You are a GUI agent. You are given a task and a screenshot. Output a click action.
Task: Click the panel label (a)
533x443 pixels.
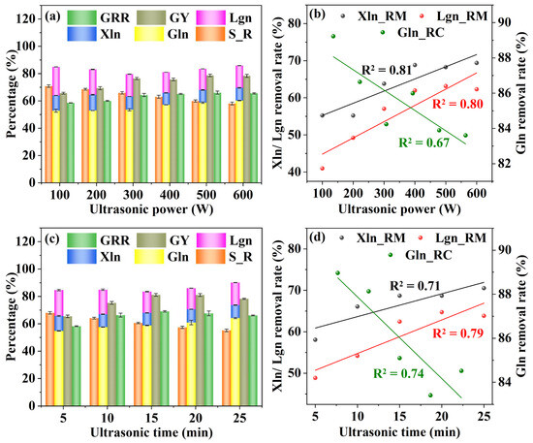(52, 16)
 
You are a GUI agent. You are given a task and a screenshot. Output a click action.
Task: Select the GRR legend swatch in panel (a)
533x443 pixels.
(81, 17)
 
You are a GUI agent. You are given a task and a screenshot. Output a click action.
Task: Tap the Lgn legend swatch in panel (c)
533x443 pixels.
(210, 240)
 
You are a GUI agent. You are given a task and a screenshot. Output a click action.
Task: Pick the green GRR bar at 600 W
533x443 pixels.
(254, 138)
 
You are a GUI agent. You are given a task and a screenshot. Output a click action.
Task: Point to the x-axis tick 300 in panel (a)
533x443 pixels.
(133, 195)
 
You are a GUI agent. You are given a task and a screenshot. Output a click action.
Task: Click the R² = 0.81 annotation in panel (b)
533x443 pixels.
(388, 70)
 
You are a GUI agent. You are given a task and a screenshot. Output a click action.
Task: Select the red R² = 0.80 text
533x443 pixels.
(457, 104)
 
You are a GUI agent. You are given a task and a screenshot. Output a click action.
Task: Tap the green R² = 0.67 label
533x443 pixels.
(423, 142)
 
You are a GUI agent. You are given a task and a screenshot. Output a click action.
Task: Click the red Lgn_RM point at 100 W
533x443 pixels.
(323, 169)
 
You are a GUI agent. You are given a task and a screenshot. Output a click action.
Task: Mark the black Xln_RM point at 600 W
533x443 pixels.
(477, 63)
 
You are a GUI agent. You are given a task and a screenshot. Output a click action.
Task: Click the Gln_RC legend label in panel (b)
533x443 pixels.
(421, 33)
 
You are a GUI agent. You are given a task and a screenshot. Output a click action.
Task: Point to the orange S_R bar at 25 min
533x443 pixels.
(226, 367)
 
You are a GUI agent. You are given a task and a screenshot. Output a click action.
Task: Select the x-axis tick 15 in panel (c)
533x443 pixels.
(151, 418)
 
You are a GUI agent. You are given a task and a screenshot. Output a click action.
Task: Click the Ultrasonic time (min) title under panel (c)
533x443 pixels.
(151, 432)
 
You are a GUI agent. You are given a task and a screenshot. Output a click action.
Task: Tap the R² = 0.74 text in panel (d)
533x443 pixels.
(398, 373)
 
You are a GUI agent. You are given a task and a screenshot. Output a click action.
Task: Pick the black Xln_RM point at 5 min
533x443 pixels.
(315, 339)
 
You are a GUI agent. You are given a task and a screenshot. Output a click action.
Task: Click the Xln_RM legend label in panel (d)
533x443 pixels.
(381, 238)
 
